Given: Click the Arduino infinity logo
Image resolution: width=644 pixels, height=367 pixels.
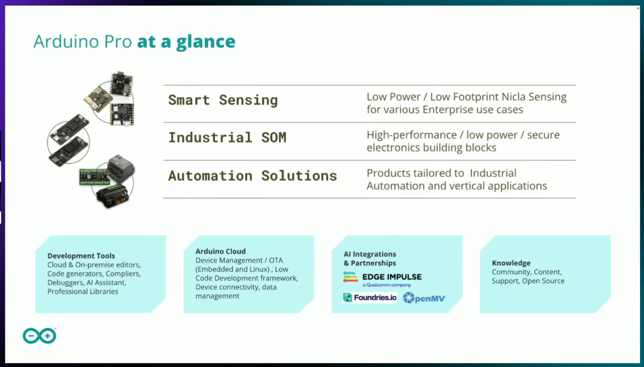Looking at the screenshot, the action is tap(39, 336).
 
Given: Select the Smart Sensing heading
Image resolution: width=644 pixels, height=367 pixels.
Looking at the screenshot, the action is tap(223, 100).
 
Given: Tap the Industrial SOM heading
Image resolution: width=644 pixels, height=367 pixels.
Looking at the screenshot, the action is tap(227, 137).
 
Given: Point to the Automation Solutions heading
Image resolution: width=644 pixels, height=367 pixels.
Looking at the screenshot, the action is tap(253, 175).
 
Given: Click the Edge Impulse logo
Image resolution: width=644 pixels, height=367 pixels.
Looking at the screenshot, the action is tap(382, 279).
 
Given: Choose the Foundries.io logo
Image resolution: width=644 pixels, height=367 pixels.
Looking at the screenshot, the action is tap(370, 298).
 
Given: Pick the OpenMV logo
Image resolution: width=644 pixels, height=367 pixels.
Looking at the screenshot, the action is tap(424, 298).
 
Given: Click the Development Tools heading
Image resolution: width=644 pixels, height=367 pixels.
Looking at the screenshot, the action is tap(81, 256).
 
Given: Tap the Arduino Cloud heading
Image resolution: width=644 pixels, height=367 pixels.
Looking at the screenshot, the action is tap(220, 251).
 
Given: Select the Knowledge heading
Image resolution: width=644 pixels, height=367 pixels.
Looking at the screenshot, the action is tap(511, 263).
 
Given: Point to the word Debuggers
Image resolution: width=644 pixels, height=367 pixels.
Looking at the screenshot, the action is tap(66, 283).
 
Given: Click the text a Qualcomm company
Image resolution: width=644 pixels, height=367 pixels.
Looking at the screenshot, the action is tap(387, 285).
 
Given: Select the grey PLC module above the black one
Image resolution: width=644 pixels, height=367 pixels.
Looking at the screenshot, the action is tap(121, 168).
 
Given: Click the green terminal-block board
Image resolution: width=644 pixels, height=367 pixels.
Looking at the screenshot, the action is tap(94, 177).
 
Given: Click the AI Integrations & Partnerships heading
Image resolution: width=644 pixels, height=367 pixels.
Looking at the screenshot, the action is tap(370, 258).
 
